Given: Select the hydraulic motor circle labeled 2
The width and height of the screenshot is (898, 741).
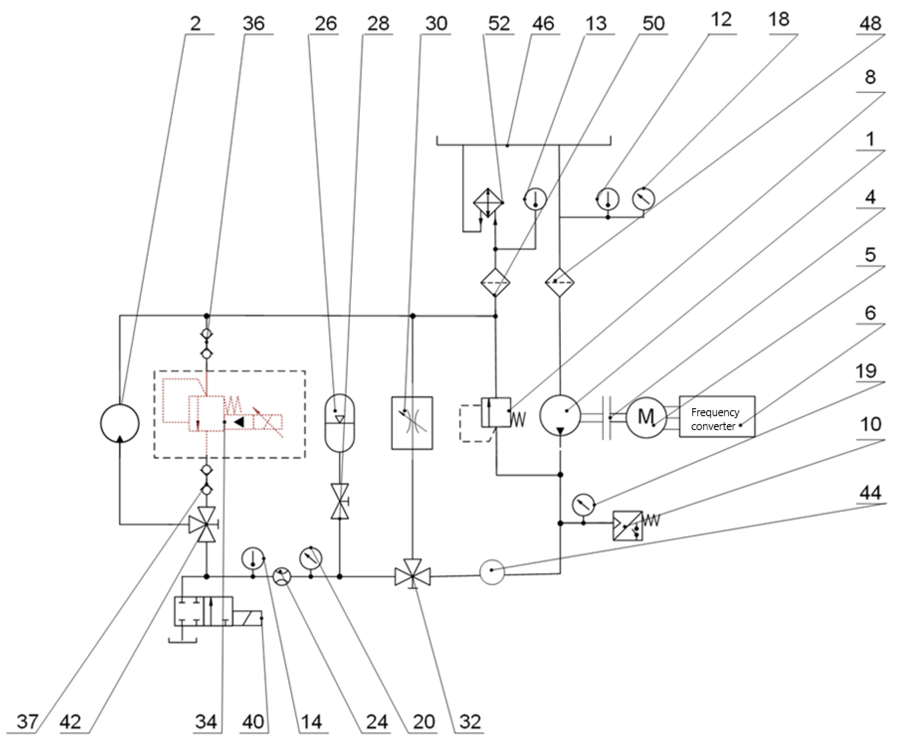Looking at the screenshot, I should [120, 423].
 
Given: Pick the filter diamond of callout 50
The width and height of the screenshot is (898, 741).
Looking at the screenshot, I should [495, 282].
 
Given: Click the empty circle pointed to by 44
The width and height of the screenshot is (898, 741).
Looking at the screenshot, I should [492, 572].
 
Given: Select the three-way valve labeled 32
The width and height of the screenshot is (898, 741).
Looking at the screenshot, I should [412, 576].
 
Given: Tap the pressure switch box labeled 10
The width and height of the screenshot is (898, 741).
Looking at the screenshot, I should [627, 525].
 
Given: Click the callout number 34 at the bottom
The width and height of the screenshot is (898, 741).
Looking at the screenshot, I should [207, 722].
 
